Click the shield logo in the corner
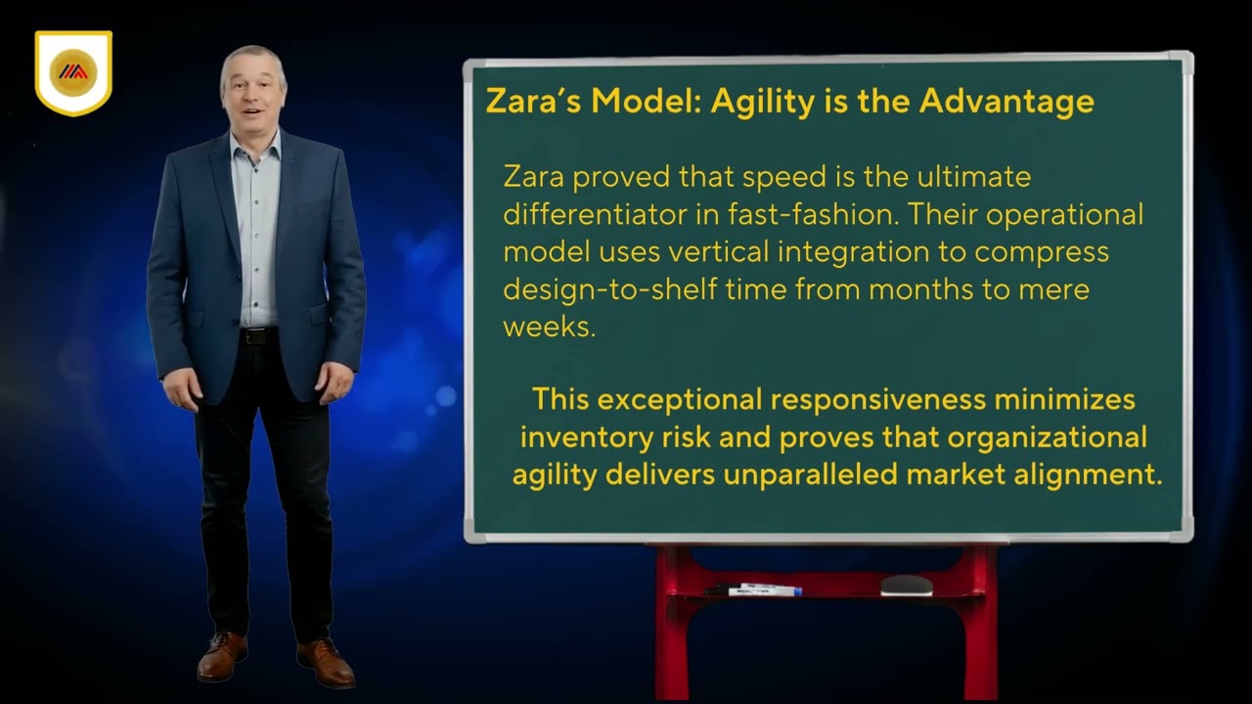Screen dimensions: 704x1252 click(x=73, y=72)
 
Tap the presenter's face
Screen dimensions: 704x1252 click(x=253, y=92)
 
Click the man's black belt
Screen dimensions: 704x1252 click(x=258, y=335)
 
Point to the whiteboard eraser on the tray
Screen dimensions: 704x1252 click(x=906, y=585)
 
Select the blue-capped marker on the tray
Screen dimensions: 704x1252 click(x=765, y=590)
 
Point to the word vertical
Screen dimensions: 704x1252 click(x=718, y=251)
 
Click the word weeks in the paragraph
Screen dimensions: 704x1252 click(x=548, y=327)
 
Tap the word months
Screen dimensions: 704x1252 click(x=929, y=289)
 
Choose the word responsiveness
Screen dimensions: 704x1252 click(x=878, y=400)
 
